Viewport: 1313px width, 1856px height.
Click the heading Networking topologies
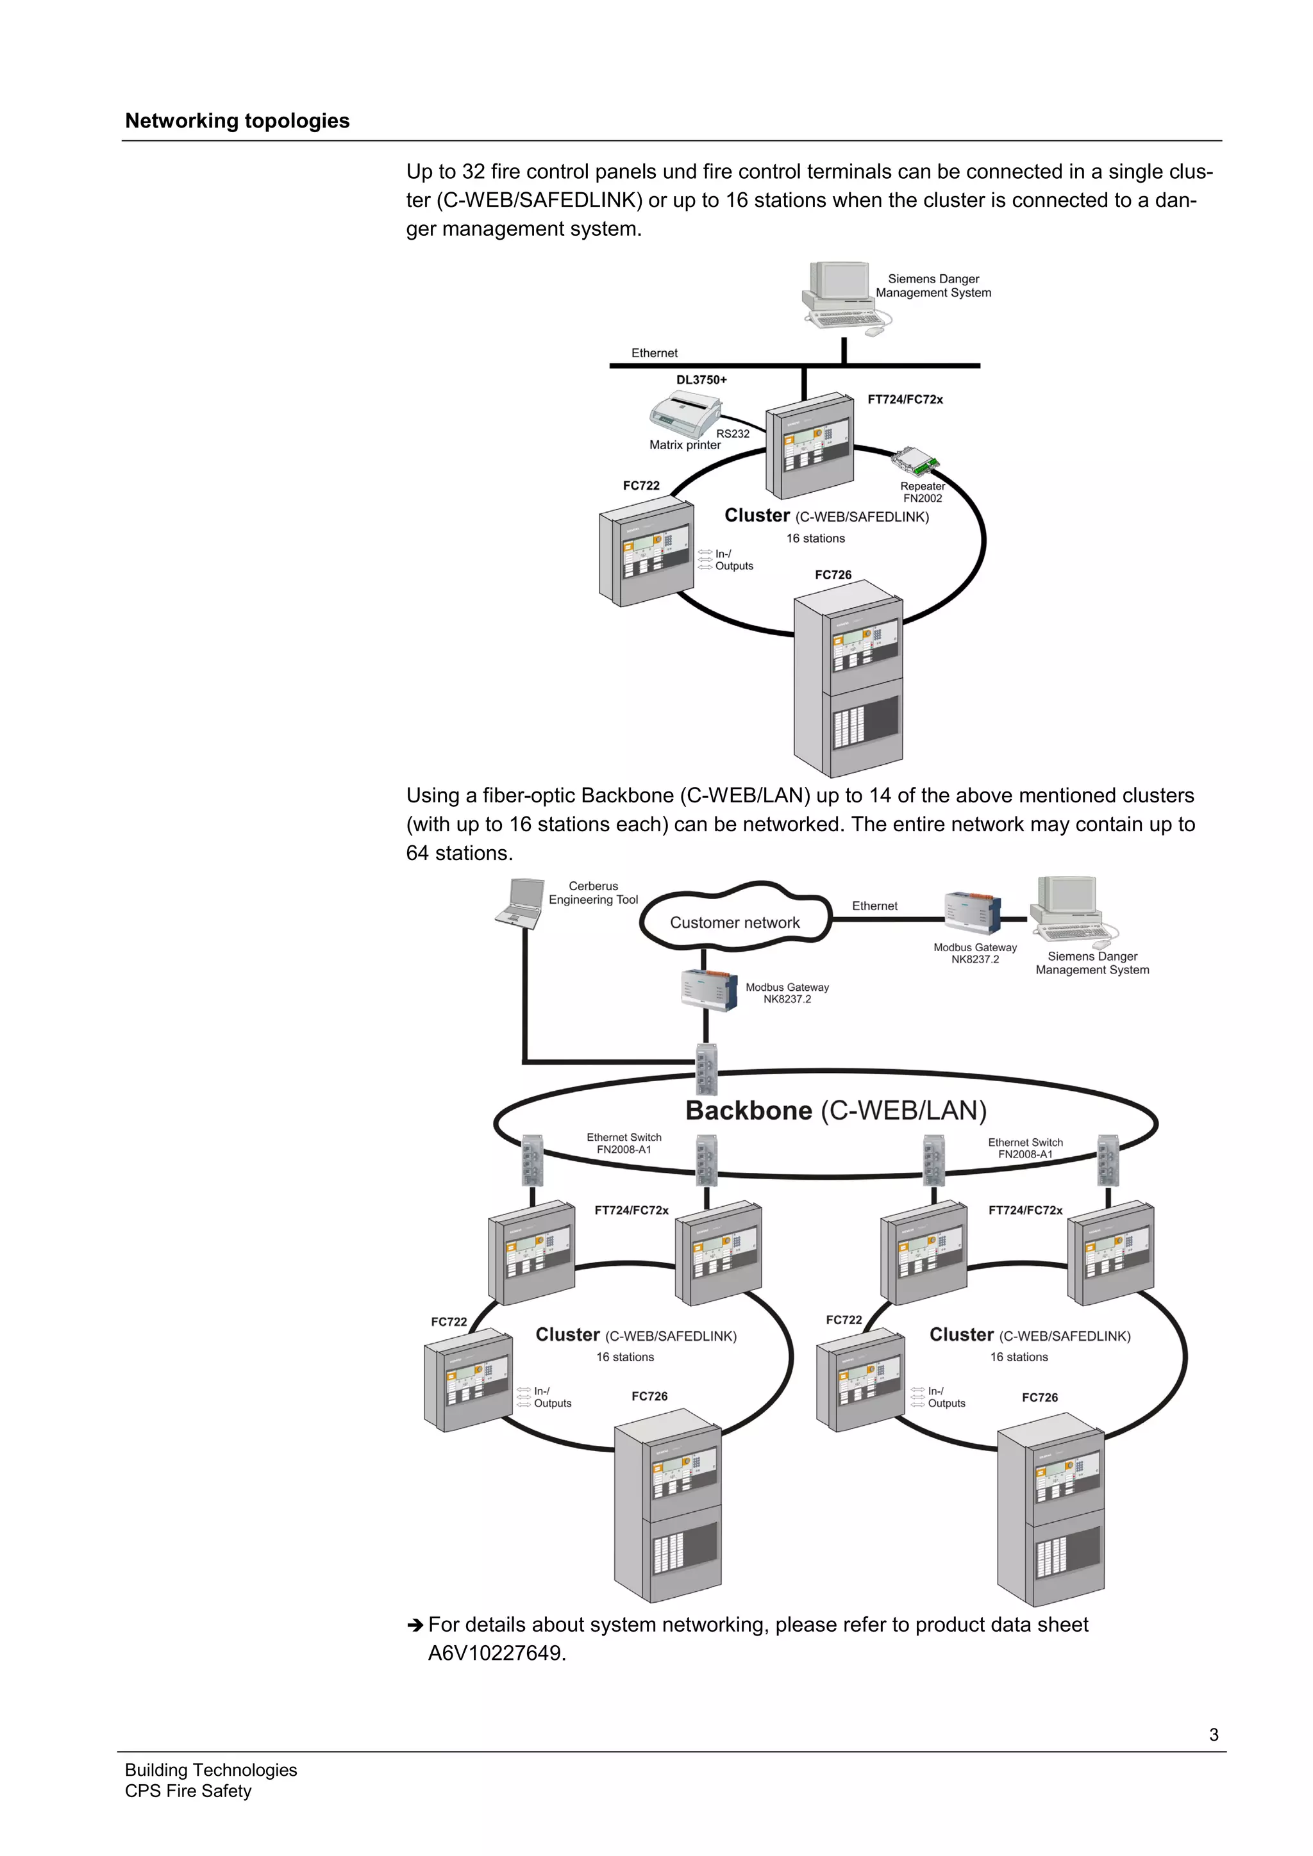click(x=237, y=121)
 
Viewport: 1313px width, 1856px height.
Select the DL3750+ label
click(x=701, y=380)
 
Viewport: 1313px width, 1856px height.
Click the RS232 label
click(x=733, y=434)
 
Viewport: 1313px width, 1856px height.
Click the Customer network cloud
click(x=734, y=922)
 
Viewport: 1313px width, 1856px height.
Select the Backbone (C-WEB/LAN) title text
click(x=835, y=1111)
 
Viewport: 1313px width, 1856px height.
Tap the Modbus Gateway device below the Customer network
click(x=710, y=990)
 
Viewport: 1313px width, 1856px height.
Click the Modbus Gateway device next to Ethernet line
click(x=973, y=915)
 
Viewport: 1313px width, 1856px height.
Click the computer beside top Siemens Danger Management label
click(x=841, y=294)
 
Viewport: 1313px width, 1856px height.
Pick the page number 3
click(x=1214, y=1735)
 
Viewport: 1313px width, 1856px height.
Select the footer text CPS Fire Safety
click(x=188, y=1791)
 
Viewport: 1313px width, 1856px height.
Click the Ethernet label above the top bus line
click(x=654, y=353)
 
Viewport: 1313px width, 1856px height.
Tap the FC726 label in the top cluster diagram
click(x=833, y=575)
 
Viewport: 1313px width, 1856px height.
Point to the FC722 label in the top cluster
click(x=640, y=486)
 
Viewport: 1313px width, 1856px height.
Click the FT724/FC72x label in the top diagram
click(x=905, y=399)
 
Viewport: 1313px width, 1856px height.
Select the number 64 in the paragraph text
click(x=417, y=854)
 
